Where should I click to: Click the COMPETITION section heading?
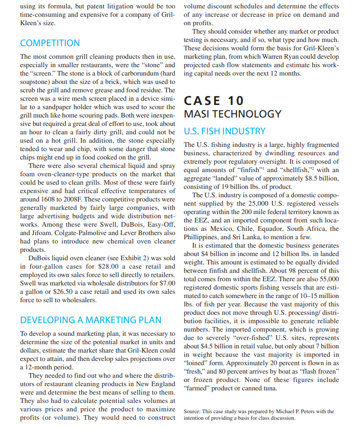[49, 43]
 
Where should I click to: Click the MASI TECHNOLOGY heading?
[233, 114]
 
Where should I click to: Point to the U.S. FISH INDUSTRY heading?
[225, 131]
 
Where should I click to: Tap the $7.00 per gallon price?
[165, 283]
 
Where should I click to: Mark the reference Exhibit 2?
[124, 257]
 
